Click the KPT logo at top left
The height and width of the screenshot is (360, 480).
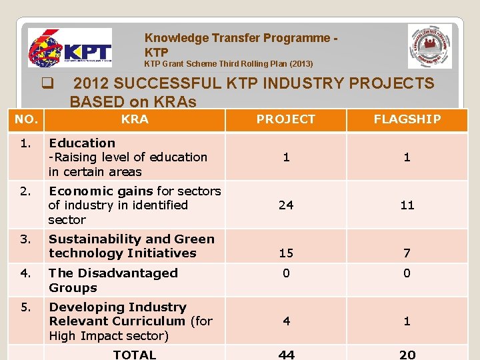(70, 48)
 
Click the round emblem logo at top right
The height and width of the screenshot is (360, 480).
(429, 47)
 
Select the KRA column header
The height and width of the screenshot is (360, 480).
(135, 119)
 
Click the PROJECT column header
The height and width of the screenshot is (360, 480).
(286, 119)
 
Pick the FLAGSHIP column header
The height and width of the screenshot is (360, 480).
(407, 119)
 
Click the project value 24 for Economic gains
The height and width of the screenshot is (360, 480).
(286, 205)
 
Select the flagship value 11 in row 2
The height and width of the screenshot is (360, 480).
(407, 205)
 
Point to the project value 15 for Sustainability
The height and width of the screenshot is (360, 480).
(286, 253)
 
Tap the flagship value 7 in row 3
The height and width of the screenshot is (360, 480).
(407, 253)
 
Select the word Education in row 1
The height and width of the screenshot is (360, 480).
(82, 143)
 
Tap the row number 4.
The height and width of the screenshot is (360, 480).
(25, 273)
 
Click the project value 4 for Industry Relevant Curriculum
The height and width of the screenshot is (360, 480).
(286, 321)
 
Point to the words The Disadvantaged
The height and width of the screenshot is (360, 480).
(113, 273)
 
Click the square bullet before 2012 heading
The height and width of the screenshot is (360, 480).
(47, 84)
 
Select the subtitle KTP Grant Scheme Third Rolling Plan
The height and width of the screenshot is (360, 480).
(229, 64)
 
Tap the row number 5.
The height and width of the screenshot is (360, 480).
(25, 307)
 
